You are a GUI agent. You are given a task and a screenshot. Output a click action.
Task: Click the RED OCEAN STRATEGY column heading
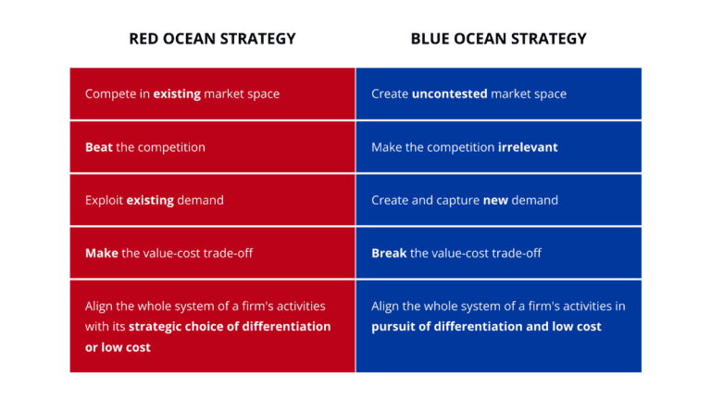(212, 39)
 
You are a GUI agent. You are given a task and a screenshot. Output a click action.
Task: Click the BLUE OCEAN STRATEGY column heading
(498, 39)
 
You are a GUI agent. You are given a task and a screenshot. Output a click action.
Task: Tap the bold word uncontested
(449, 94)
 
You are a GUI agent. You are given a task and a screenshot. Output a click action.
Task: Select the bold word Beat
(98, 147)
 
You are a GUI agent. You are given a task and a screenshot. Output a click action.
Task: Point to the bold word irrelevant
(528, 147)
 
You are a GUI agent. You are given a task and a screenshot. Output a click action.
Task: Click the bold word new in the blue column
(495, 200)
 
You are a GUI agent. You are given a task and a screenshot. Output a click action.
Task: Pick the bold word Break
(389, 253)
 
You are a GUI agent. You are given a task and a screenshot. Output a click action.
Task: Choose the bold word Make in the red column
(101, 253)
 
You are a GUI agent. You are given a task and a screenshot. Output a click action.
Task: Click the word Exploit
(104, 200)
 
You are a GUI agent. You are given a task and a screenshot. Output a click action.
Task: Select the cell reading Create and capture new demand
(498, 200)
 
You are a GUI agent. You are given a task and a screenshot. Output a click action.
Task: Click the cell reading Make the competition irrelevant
(498, 147)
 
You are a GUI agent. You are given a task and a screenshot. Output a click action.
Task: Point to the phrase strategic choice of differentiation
(230, 326)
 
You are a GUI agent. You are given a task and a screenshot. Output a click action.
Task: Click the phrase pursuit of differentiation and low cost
(486, 326)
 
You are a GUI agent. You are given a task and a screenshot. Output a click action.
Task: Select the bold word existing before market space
(177, 94)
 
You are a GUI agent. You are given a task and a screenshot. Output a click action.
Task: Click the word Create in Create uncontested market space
(390, 94)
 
